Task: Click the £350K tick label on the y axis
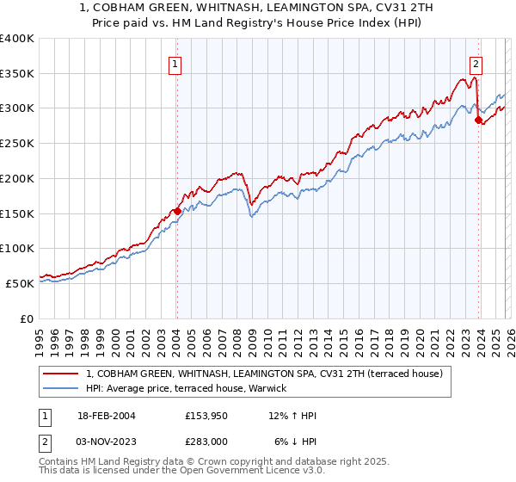(x=17, y=73)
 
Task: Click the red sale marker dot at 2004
(x=177, y=210)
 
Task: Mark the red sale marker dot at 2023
(x=479, y=120)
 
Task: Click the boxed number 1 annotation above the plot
(x=175, y=63)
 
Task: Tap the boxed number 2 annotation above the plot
(x=476, y=63)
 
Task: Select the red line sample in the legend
(x=60, y=374)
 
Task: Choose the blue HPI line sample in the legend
(x=60, y=389)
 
